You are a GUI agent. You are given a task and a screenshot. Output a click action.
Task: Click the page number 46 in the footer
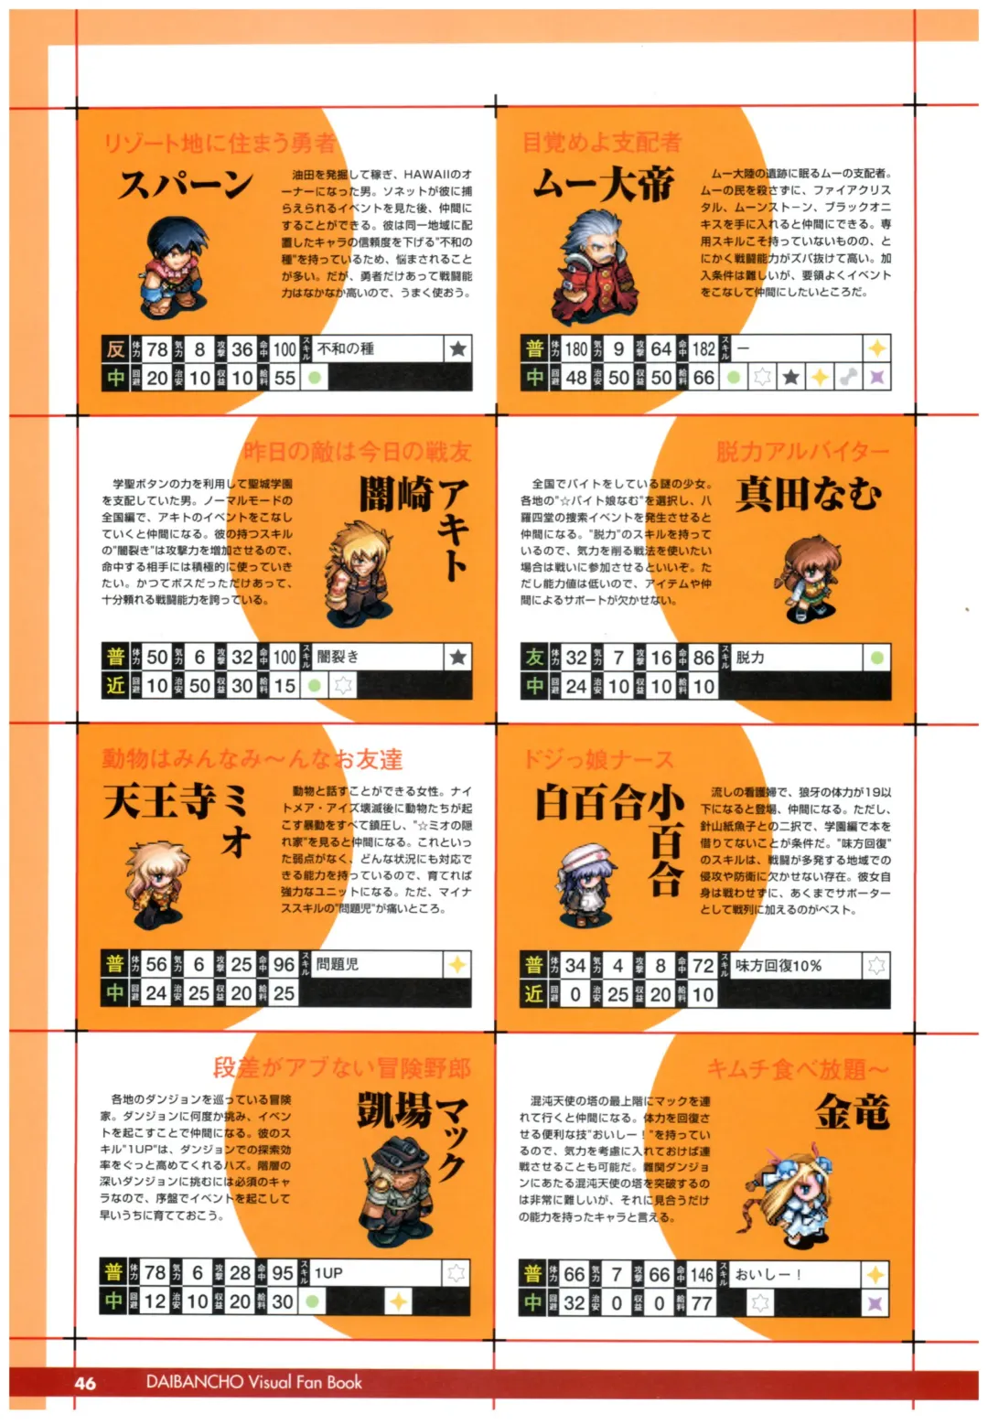point(85,1382)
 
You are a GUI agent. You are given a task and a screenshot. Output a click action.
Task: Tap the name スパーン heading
point(186,186)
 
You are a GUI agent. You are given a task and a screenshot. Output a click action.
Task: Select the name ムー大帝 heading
point(603,186)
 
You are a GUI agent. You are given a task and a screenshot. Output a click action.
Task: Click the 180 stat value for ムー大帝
point(575,348)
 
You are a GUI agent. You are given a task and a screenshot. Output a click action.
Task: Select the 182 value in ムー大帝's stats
point(703,348)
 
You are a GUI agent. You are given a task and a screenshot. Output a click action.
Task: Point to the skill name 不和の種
point(346,348)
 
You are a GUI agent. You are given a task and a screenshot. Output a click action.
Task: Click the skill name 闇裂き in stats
point(338,656)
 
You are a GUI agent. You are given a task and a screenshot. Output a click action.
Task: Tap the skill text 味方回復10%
point(779,965)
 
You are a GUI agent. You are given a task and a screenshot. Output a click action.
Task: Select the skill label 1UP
point(328,1272)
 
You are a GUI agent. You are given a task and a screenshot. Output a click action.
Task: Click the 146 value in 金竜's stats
point(701,1274)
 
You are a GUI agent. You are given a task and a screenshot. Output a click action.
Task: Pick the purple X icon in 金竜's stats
point(875,1302)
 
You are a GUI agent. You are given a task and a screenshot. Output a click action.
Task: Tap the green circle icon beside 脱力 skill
point(876,657)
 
